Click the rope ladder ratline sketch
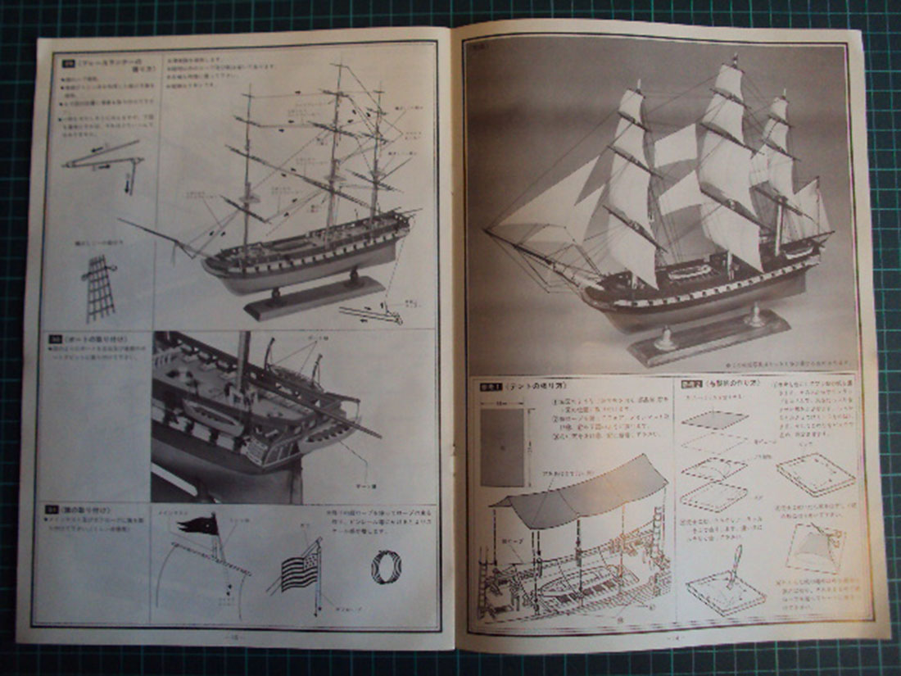coord(97,287)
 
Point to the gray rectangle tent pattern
coord(502,447)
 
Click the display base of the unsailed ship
coord(315,297)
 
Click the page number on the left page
coord(233,637)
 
